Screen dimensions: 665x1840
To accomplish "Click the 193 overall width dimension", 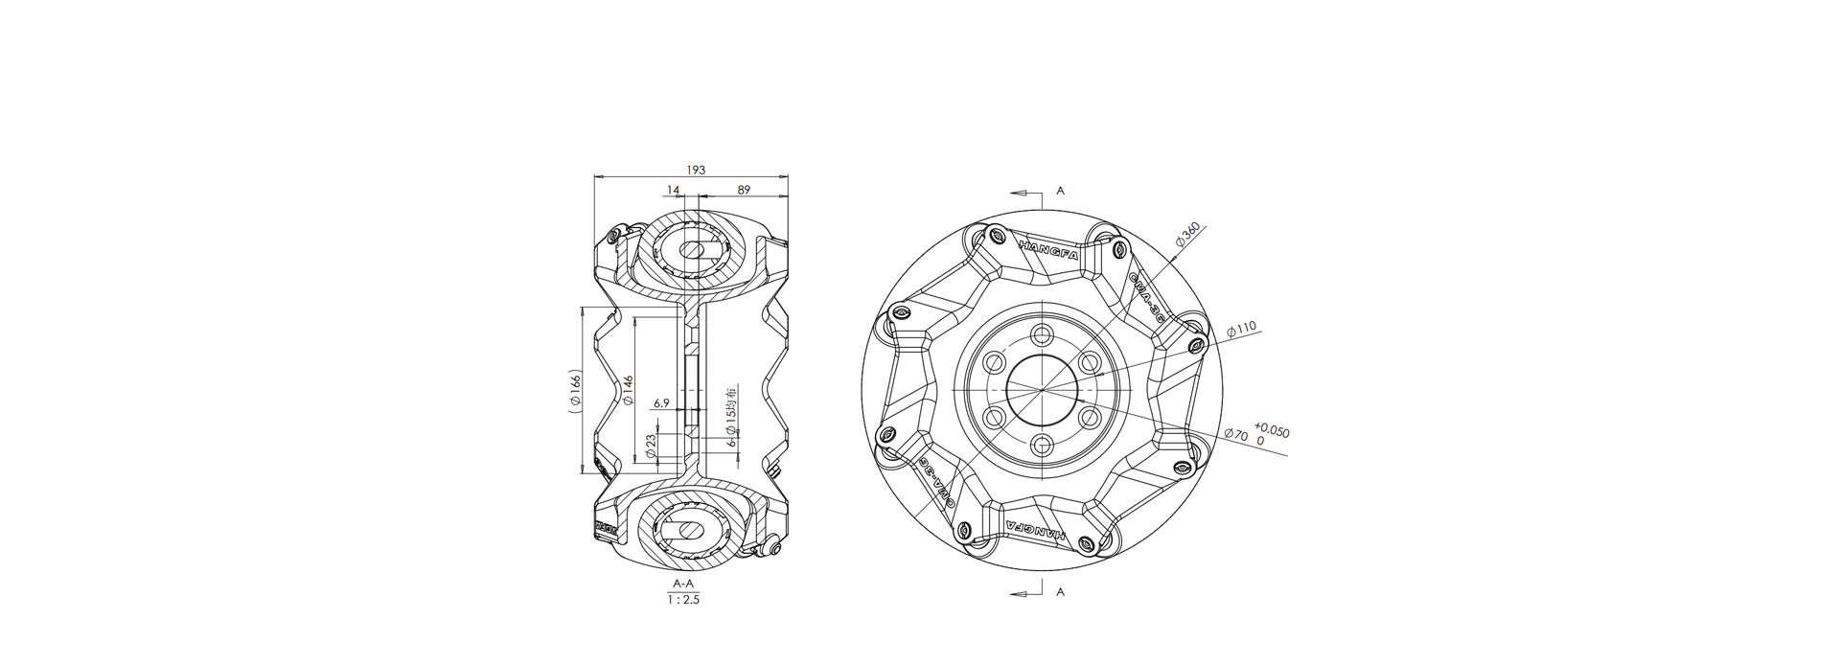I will pyautogui.click(x=696, y=170).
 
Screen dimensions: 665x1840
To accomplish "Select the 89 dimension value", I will pyautogui.click(x=744, y=190).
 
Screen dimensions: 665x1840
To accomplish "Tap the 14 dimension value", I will pyautogui.click(x=674, y=190).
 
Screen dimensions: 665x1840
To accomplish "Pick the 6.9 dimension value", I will pyautogui.click(x=661, y=403).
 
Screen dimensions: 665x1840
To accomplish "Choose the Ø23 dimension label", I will pyautogui.click(x=651, y=446).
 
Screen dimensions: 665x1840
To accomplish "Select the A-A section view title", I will pyautogui.click(x=683, y=584).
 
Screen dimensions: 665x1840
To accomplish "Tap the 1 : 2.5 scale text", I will pyautogui.click(x=683, y=600).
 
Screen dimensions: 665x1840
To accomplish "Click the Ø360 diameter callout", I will pyautogui.click(x=1185, y=235).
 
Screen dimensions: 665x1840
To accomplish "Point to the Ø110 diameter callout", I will pyautogui.click(x=1240, y=329).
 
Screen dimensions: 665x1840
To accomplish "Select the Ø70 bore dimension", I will pyautogui.click(x=1236, y=435).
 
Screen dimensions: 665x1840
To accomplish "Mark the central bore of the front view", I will pyautogui.click(x=1042, y=390).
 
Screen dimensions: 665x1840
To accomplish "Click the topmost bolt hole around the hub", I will pyautogui.click(x=1042, y=335).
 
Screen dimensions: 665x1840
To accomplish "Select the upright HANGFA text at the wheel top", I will pyautogui.click(x=1049, y=248).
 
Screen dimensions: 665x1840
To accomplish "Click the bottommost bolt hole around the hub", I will pyautogui.click(x=1042, y=445).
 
